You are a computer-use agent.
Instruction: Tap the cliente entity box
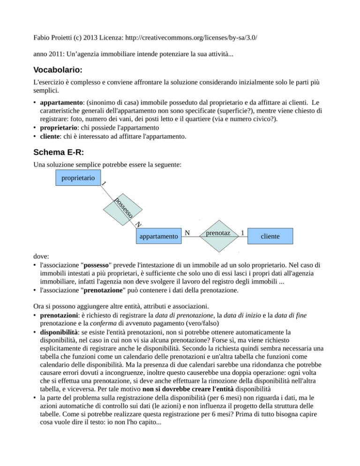click(270, 237)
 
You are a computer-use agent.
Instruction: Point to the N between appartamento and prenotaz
click(187, 233)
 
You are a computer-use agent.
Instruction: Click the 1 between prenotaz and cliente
click(241, 233)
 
